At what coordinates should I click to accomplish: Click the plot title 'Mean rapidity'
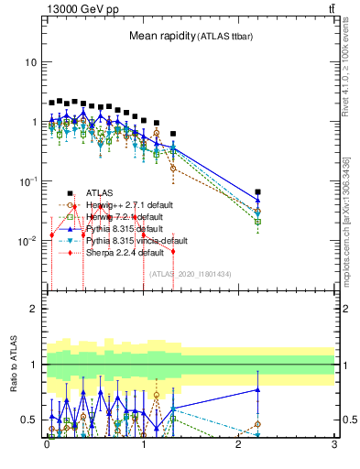pyautogui.click(x=161, y=36)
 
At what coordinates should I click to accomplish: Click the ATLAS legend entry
pyautogui.click(x=99, y=192)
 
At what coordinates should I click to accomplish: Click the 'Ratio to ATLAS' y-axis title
pyautogui.click(x=13, y=365)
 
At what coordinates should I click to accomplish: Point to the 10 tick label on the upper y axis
pyautogui.click(x=30, y=62)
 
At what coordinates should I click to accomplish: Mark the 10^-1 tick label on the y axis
pyautogui.click(x=27, y=181)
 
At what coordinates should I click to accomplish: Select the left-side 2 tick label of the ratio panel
pyautogui.click(x=34, y=309)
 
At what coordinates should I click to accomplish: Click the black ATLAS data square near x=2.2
pyautogui.click(x=258, y=192)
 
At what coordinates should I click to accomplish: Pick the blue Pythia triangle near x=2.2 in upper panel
pyautogui.click(x=258, y=201)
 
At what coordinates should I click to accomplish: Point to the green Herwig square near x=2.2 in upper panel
pyautogui.click(x=258, y=221)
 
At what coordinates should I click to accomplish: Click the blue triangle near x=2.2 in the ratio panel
pyautogui.click(x=258, y=390)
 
